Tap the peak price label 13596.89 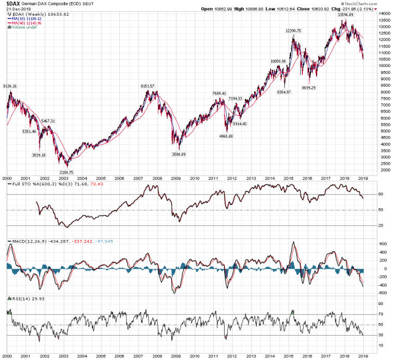coord(346,15)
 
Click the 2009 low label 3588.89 coord(180,154)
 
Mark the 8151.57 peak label coord(147,86)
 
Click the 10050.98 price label coord(278,61)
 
